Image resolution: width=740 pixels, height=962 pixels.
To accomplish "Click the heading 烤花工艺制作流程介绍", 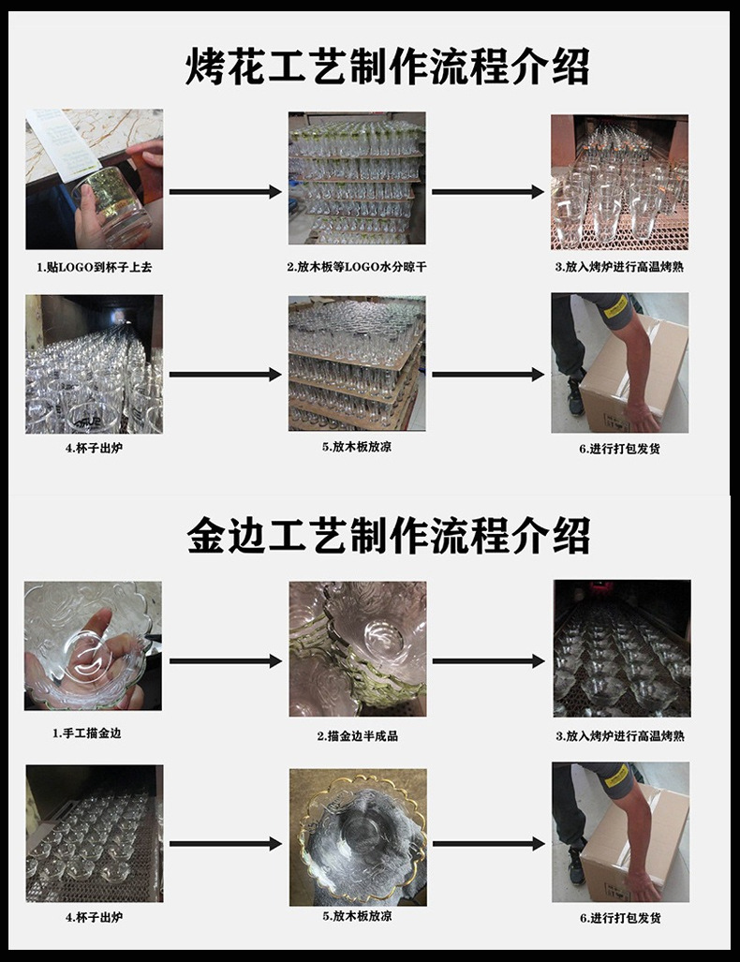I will click(387, 68).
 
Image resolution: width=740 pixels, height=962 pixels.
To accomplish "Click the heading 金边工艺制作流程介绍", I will click(387, 536).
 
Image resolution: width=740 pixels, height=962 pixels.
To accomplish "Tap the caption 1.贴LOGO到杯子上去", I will click(94, 267).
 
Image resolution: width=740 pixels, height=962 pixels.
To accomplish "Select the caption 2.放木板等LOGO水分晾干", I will click(357, 267).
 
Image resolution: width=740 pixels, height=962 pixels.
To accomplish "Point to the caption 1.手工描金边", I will click(86, 733).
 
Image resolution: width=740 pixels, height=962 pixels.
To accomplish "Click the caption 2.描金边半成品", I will click(357, 736).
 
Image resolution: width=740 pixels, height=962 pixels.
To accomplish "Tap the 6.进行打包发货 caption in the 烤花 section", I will click(619, 449).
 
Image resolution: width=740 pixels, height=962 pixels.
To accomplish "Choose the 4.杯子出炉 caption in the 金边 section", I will click(94, 917).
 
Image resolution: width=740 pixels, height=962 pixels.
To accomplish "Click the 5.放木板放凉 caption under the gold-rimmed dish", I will click(357, 916).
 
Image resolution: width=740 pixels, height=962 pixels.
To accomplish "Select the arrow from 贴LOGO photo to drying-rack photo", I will click(225, 192).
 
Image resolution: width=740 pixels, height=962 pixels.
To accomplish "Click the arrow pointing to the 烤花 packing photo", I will click(487, 375).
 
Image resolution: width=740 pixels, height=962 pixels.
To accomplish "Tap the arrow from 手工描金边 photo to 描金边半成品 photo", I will click(225, 661).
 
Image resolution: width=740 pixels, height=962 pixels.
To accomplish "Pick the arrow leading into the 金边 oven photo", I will click(487, 661).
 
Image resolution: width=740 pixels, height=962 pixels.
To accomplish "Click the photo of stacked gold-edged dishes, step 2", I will click(357, 648).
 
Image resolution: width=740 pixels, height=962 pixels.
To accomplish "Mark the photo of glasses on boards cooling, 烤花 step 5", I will click(357, 363).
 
